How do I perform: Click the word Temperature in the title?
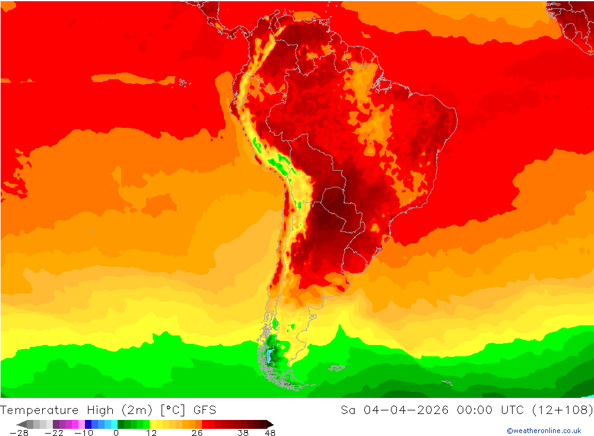tap(39, 410)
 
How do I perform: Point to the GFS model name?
tap(204, 410)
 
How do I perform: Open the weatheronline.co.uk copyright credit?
tap(544, 431)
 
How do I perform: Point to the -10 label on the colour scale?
tap(84, 433)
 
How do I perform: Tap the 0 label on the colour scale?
tap(116, 433)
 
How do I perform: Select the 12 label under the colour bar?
tap(151, 433)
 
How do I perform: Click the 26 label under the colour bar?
tap(197, 433)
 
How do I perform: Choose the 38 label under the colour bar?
tap(242, 433)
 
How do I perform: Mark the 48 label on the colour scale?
tap(270, 433)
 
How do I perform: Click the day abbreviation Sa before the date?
tap(348, 410)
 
